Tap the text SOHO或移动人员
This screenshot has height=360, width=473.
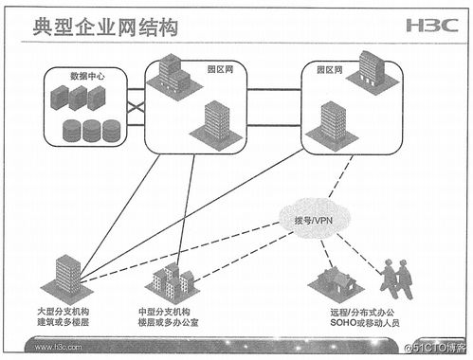tap(366, 324)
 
